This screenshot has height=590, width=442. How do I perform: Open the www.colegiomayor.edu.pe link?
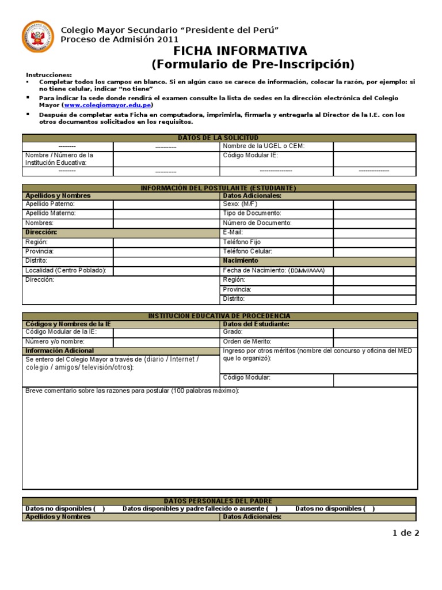pyautogui.click(x=108, y=105)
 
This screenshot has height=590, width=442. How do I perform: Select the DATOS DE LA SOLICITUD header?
pyautogui.click(x=219, y=138)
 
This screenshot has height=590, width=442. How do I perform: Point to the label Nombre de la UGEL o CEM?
pyautogui.click(x=263, y=146)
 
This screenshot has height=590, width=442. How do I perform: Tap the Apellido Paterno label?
pyautogui.click(x=50, y=204)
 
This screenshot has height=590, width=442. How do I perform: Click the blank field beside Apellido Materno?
pyautogui.click(x=166, y=213)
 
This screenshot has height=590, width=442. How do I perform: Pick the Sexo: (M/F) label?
pyautogui.click(x=241, y=204)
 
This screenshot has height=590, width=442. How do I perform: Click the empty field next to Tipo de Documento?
pyautogui.click(x=374, y=213)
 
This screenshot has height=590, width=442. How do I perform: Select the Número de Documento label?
pyautogui.click(x=257, y=223)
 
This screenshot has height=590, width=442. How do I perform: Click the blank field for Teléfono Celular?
pyautogui.click(x=374, y=251)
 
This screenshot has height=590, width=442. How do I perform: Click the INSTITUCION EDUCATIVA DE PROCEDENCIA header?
pyautogui.click(x=219, y=316)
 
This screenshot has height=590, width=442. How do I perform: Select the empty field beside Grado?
pyautogui.click(x=374, y=332)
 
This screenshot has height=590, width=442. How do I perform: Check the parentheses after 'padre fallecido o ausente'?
pyautogui.click(x=272, y=509)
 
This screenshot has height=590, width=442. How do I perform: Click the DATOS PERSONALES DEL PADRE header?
pyautogui.click(x=219, y=501)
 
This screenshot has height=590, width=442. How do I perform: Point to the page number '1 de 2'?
pyautogui.click(x=406, y=533)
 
